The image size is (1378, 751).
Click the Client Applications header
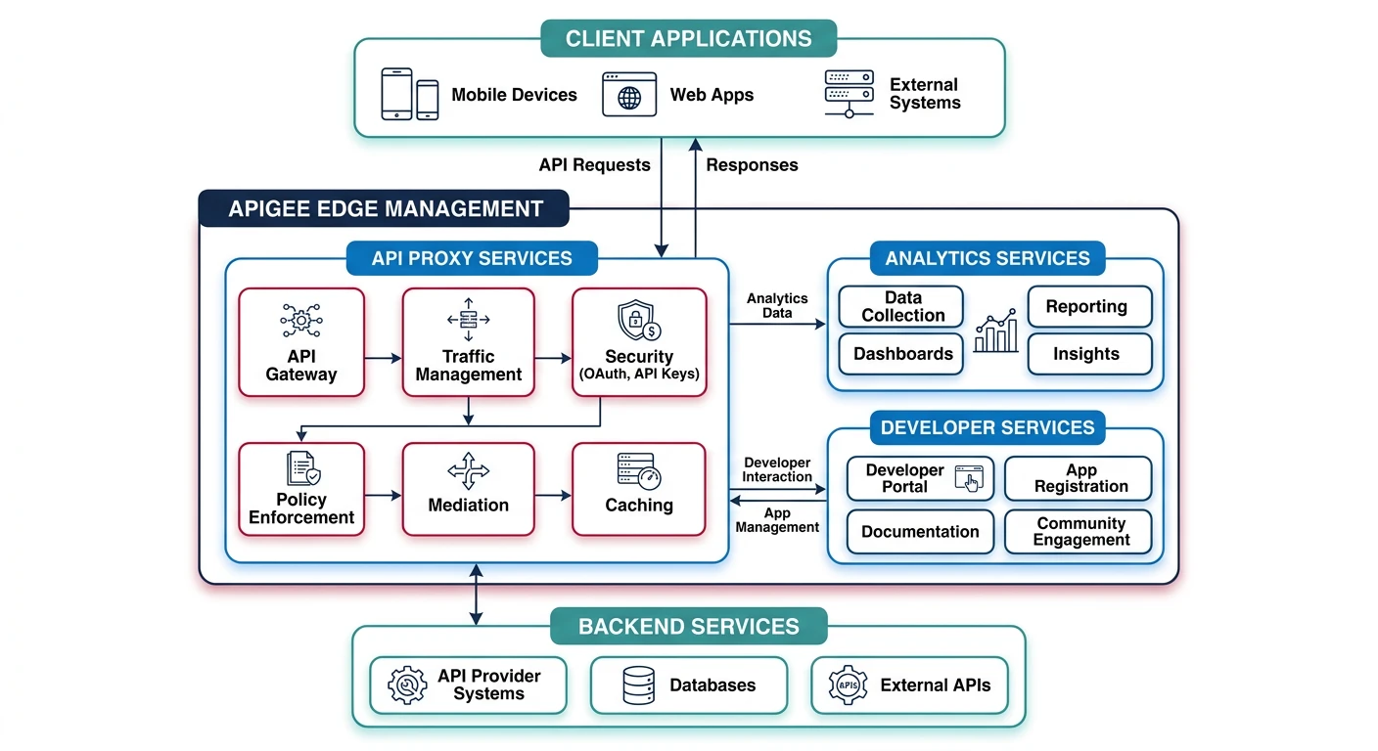point(688,39)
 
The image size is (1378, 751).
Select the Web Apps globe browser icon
point(629,94)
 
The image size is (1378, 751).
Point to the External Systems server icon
point(849,93)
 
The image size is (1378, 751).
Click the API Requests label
point(594,165)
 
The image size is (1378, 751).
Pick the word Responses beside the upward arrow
point(752,165)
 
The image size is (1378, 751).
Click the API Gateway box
point(301,341)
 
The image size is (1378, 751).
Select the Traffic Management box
point(468,341)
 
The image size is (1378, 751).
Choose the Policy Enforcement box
point(301,489)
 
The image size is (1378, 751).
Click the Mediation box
point(468,489)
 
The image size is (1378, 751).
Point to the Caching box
point(638,489)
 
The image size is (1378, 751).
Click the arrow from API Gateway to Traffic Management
point(383,359)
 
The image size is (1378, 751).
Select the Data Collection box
point(901,306)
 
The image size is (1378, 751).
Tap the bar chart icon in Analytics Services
point(995,331)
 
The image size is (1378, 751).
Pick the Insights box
point(1089,354)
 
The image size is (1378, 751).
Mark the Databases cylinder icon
point(638,685)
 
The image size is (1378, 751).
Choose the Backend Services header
point(688,627)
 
